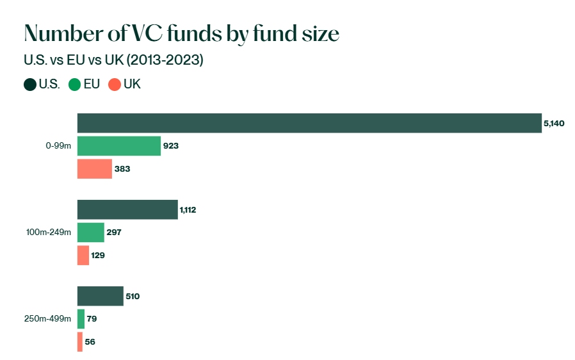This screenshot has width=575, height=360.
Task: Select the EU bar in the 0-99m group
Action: coord(118,146)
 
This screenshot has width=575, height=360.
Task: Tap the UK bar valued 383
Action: coord(94,168)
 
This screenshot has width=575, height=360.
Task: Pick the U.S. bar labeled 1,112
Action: coord(127,209)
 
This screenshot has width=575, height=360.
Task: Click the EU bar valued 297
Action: coord(90,233)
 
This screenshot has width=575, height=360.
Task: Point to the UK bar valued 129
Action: coord(83,255)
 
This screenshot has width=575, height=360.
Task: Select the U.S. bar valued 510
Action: coord(100,296)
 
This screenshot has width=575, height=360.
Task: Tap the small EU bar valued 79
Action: coord(81,318)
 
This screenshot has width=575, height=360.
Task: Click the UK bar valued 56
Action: coord(80,341)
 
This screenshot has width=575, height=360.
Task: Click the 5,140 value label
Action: coord(554,123)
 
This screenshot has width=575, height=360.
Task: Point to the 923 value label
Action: coord(170,146)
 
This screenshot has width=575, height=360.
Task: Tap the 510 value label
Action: coord(133,296)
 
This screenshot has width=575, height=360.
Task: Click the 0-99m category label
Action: coord(58,146)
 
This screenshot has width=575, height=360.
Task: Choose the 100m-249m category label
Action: coord(49,233)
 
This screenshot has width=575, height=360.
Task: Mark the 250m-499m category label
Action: coord(49,318)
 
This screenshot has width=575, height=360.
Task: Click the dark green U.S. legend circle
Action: coord(30,85)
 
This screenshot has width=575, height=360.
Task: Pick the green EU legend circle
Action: coord(74,85)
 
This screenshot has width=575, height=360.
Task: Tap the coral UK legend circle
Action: coord(115,85)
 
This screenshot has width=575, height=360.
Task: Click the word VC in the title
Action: coord(167,33)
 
